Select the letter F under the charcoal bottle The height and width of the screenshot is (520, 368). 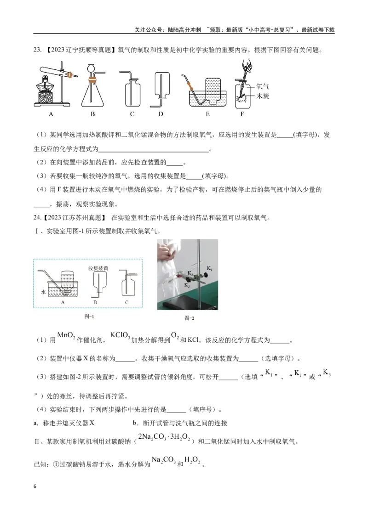(242, 114)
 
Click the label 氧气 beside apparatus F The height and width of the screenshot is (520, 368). (262, 86)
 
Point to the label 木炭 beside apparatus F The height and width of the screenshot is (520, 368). (262, 96)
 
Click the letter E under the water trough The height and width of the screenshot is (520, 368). (207, 114)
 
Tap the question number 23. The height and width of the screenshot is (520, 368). (37, 50)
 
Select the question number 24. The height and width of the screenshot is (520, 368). (37, 218)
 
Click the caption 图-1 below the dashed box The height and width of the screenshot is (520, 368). (89, 317)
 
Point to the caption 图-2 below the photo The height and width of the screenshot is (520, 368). (190, 318)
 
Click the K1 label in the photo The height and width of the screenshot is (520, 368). (209, 268)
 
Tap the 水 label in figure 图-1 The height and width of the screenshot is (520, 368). (43, 292)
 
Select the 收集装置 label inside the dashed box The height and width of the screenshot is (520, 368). (98, 268)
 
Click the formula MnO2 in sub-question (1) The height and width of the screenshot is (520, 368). (66, 336)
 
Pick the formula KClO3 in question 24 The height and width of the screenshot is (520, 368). (120, 336)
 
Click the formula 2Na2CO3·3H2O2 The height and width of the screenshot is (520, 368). (164, 437)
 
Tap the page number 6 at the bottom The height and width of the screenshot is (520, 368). (35, 486)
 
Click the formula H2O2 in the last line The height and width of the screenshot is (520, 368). (192, 460)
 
